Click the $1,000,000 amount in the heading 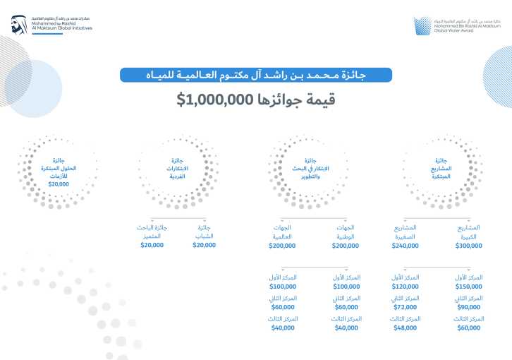click(214, 100)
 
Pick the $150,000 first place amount click(470, 287)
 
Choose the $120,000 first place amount click(405, 287)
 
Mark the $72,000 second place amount click(406, 308)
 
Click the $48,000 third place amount click(406, 329)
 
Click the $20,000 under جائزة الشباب click(205, 245)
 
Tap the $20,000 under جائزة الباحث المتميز click(152, 245)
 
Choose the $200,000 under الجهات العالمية click(283, 246)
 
